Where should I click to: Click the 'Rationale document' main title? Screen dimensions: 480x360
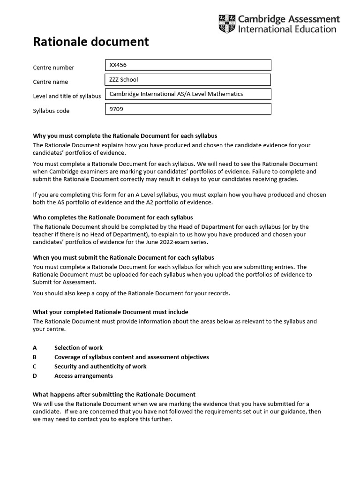tap(90, 42)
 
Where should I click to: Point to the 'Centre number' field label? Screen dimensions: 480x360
tap(53, 67)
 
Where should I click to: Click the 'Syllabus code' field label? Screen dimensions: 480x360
tap(51, 111)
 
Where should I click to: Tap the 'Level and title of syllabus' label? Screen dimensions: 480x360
tap(67, 97)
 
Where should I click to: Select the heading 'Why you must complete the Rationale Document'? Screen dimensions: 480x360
tap(125, 136)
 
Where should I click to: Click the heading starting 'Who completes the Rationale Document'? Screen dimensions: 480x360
tap(113, 217)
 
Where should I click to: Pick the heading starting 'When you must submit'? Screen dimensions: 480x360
tap(123, 257)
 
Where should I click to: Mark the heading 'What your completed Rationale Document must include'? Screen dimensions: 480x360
tap(111, 312)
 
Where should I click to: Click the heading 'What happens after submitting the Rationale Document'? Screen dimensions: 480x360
tap(114, 394)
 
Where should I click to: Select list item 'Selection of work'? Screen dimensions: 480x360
tap(78, 348)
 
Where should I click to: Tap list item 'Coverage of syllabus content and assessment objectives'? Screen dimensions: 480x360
tap(131, 357)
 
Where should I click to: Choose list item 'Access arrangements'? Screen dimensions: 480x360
tap(83, 376)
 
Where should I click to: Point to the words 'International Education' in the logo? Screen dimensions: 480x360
tap(287, 29)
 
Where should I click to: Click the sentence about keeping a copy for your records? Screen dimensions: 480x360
tap(131, 293)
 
